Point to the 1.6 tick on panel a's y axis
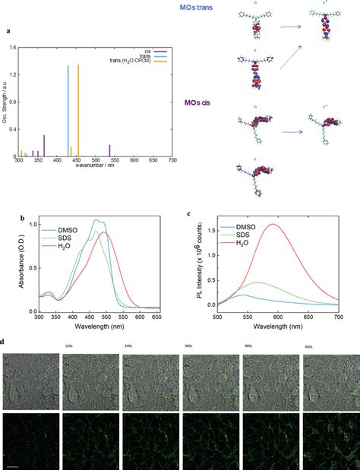point(14,47)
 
